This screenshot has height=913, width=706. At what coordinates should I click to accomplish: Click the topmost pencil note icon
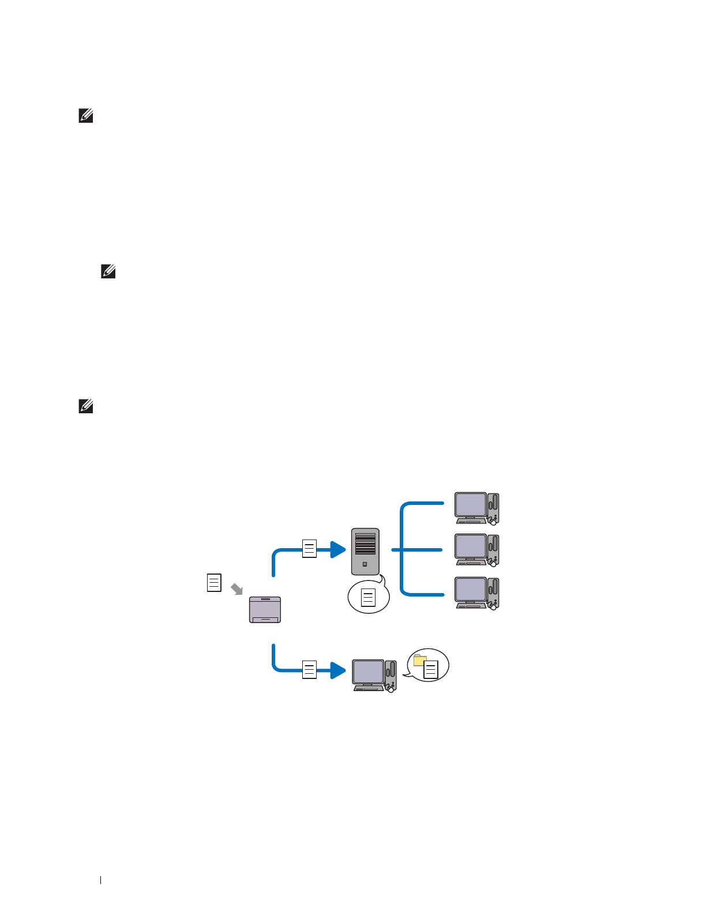85,116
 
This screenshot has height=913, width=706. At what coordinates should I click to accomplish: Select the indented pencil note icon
108,271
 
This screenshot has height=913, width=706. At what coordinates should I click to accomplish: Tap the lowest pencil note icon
85,406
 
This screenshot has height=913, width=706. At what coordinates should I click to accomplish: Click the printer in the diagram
265,610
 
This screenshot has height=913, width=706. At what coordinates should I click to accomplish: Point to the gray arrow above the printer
236,588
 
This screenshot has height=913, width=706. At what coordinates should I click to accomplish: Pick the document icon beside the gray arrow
214,583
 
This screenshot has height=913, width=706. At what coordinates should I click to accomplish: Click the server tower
365,552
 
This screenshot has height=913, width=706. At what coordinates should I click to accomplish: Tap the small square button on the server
365,564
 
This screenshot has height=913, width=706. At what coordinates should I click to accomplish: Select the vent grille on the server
365,544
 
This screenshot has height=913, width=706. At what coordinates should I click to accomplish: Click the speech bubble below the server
369,597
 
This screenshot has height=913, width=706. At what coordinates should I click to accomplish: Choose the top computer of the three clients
477,508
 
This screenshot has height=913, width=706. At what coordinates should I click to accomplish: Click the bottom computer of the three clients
477,593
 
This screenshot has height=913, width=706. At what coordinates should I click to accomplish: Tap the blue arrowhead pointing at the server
338,549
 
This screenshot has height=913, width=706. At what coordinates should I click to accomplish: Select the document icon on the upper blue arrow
310,548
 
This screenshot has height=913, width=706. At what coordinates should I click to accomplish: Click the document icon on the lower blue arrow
310,669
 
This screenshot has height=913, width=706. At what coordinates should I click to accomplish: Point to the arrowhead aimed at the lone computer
338,670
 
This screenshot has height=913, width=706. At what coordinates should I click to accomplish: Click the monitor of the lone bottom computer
368,672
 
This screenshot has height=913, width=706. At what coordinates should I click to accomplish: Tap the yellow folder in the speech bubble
420,660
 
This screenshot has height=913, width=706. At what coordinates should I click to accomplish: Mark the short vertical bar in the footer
101,880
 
